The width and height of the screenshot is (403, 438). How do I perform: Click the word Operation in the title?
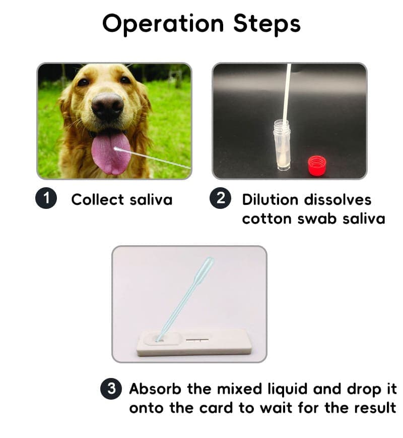click(163, 24)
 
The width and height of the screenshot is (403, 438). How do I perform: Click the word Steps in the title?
click(267, 24)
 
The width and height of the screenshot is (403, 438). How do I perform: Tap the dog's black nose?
click(108, 106)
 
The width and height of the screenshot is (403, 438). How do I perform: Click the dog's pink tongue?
click(111, 153)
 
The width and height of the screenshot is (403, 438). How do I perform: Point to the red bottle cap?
click(317, 166)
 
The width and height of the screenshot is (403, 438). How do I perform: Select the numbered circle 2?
click(220, 198)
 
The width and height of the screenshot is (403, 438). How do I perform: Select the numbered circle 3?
click(111, 389)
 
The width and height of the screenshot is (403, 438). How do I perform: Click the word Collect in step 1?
click(97, 199)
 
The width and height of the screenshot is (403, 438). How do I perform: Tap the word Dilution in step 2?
click(270, 199)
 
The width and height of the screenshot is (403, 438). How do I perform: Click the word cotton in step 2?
click(266, 218)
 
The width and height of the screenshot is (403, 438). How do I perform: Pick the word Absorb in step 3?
click(155, 389)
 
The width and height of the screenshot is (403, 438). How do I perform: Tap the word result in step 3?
click(375, 408)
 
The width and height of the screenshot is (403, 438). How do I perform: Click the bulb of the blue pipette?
click(204, 270)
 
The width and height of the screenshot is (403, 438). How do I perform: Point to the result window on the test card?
click(197, 340)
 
